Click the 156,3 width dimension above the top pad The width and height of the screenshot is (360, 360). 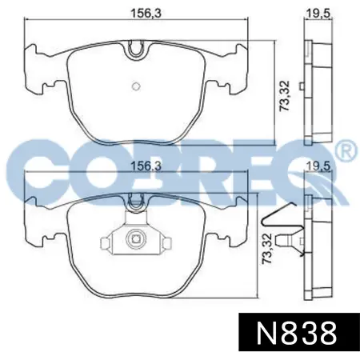pyautogui.click(x=146, y=14)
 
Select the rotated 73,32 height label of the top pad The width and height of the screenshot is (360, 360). pyautogui.click(x=284, y=96)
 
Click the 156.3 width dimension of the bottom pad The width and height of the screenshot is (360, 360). pyautogui.click(x=146, y=166)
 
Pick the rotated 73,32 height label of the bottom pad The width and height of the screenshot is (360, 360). pyautogui.click(x=267, y=248)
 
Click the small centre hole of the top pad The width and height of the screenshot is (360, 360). pyautogui.click(x=136, y=86)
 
